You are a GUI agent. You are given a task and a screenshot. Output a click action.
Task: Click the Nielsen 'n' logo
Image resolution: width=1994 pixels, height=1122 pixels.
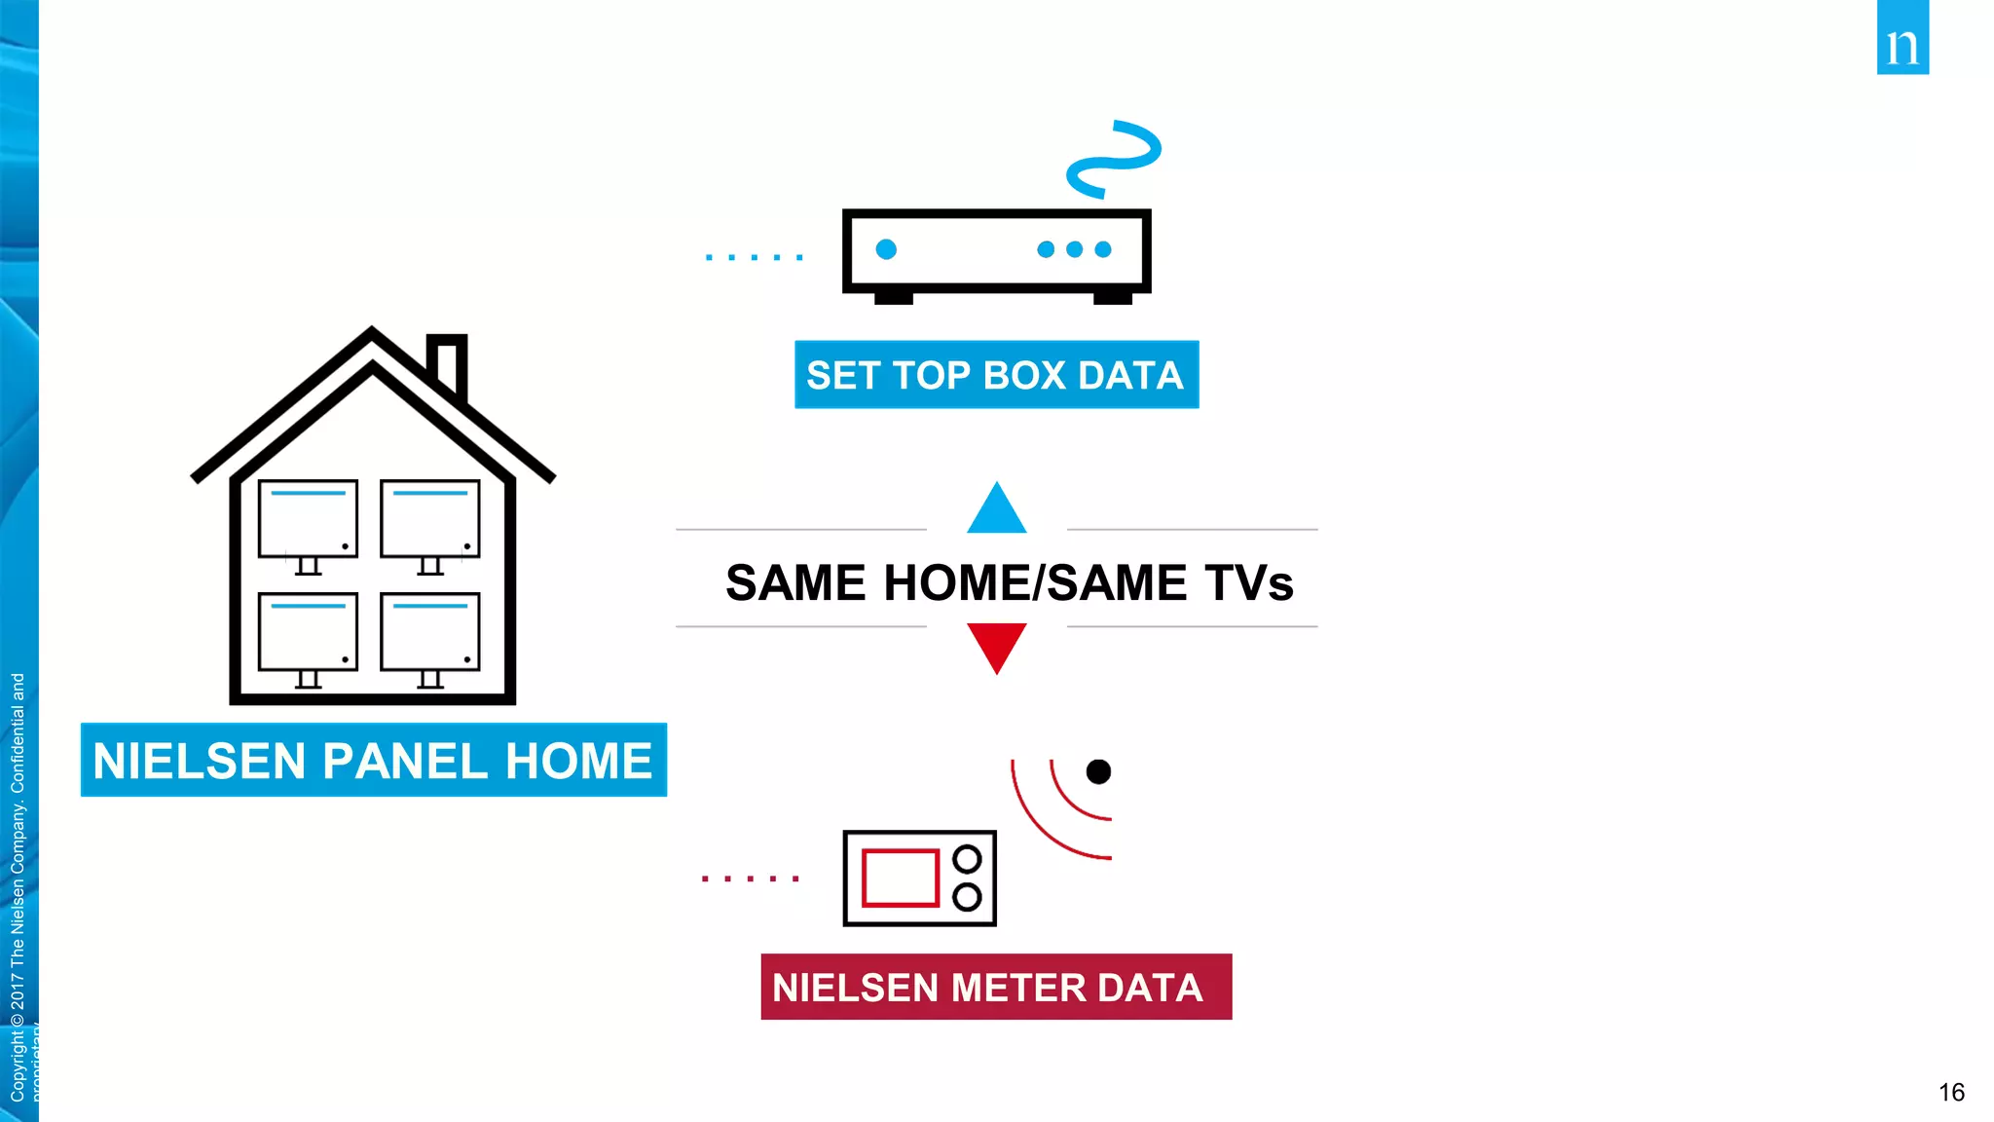(x=1902, y=39)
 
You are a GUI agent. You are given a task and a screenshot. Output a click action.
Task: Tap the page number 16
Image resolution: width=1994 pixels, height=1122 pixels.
(x=1950, y=1092)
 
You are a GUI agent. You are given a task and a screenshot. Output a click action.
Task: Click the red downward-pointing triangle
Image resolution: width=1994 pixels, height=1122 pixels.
(x=996, y=644)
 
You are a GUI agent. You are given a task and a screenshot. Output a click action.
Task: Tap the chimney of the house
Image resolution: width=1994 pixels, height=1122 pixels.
(x=448, y=362)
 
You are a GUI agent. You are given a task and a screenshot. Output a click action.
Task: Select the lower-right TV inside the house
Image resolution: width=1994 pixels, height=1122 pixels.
(x=429, y=633)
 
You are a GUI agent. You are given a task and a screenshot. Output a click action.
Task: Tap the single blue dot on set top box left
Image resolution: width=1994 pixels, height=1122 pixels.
(x=886, y=249)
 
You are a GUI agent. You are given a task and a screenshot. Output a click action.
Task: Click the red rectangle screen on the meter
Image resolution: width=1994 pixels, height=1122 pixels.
(x=900, y=878)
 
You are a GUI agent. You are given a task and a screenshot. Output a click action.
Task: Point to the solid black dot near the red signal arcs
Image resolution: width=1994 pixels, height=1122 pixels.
(x=1098, y=771)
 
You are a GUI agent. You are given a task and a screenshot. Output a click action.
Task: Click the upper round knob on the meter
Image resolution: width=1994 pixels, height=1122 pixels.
(x=967, y=859)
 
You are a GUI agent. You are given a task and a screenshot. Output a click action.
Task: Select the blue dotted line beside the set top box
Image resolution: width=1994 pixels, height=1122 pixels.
(x=755, y=257)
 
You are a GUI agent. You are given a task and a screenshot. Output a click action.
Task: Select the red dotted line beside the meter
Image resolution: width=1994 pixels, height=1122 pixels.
(x=751, y=879)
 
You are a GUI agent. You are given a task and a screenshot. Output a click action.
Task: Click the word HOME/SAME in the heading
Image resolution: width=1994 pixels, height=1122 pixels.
(x=1034, y=582)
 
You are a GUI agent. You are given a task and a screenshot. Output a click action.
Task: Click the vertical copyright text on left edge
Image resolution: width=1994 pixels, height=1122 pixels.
(x=18, y=886)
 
